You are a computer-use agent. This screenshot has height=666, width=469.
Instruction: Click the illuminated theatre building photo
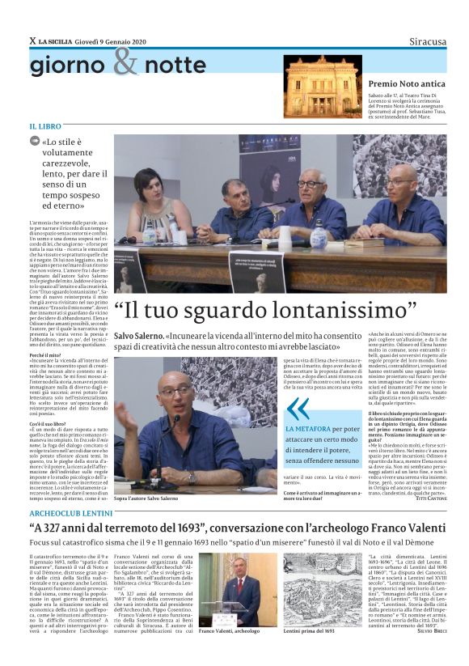pyautogui.click(x=323, y=87)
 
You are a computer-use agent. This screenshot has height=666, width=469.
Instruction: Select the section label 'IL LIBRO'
pyautogui.click(x=45, y=127)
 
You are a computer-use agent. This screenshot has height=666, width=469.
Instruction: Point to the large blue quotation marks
pyautogui.click(x=298, y=409)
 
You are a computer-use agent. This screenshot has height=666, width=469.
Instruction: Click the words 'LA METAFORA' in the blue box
pyautogui.click(x=307, y=429)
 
